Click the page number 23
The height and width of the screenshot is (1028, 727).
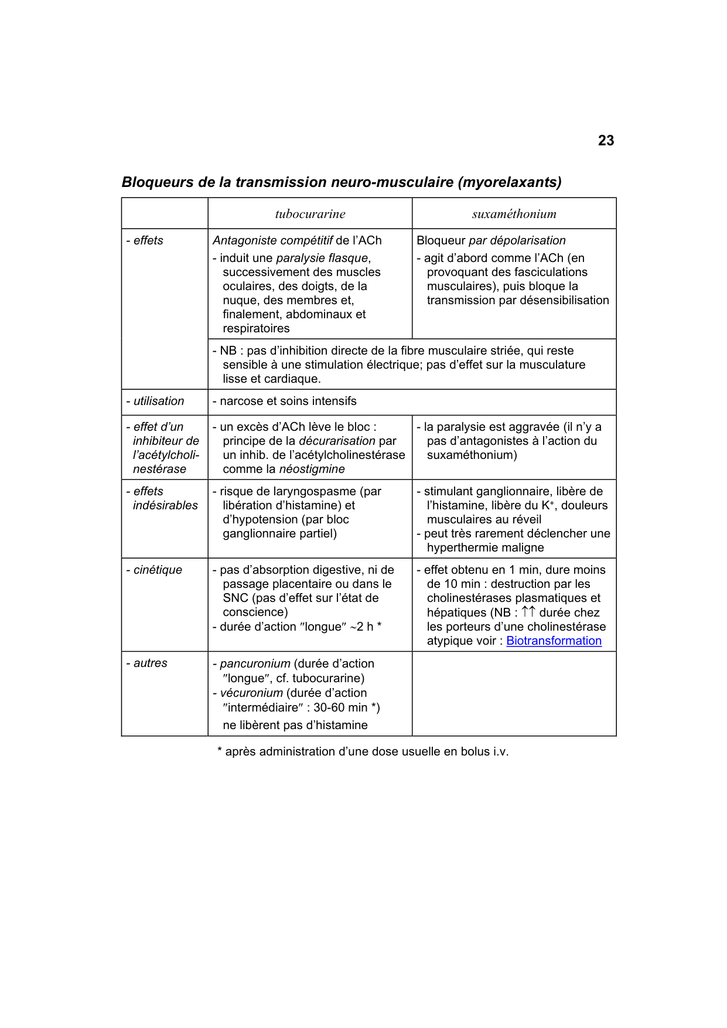[x=606, y=141]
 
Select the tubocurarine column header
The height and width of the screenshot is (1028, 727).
[x=310, y=214]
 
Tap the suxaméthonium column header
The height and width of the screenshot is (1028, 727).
[x=514, y=214]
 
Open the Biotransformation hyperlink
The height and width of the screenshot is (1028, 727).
[x=554, y=641]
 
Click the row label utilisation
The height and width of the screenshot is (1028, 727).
[x=158, y=401]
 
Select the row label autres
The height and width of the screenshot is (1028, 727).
[x=150, y=663]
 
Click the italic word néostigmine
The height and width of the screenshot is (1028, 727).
[x=312, y=469]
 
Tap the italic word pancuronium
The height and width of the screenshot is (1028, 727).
[x=255, y=663]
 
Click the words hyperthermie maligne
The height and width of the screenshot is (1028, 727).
[x=485, y=547]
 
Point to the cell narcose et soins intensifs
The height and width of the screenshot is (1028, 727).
[x=288, y=401]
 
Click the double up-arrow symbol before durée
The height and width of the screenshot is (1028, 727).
[x=528, y=612]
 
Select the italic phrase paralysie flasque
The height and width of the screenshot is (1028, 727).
[x=322, y=258]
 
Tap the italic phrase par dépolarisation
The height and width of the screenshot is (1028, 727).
[x=517, y=240]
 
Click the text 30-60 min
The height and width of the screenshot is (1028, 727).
[x=340, y=707]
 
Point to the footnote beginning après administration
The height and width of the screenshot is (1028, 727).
[x=363, y=751]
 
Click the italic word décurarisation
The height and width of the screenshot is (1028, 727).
[x=337, y=441]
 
